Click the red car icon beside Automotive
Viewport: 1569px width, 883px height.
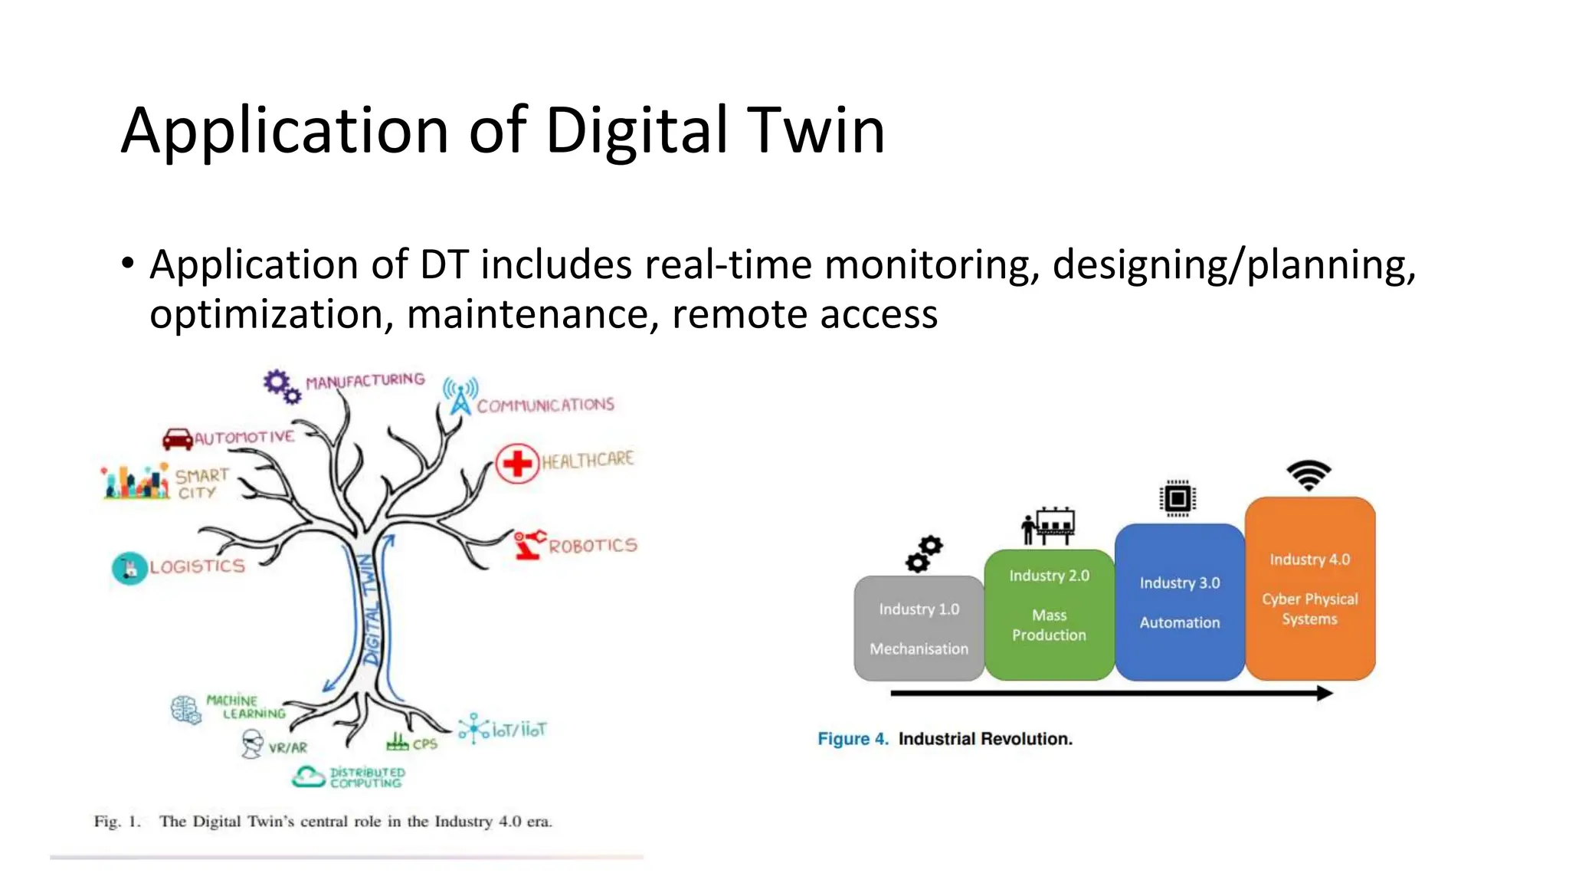click(x=178, y=438)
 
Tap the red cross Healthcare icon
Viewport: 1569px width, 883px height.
click(x=517, y=463)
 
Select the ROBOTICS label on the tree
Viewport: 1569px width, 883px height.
click(x=592, y=546)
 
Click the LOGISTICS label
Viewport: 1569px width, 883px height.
click(x=197, y=566)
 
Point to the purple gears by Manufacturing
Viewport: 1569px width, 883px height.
click(x=281, y=386)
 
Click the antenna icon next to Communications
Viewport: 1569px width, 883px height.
click(x=460, y=396)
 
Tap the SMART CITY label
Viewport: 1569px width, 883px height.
click(x=201, y=484)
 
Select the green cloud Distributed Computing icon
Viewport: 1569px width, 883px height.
click(x=309, y=776)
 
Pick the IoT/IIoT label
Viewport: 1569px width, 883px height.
click(x=519, y=730)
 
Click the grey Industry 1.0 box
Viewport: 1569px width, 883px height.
click(x=919, y=629)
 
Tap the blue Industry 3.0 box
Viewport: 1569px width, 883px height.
click(x=1179, y=602)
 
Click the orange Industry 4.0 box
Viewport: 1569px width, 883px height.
click(x=1310, y=589)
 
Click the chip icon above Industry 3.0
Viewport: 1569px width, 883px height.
click(x=1178, y=499)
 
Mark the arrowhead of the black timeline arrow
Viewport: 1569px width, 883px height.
click(x=1325, y=693)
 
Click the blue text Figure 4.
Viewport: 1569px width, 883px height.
click(x=853, y=739)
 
